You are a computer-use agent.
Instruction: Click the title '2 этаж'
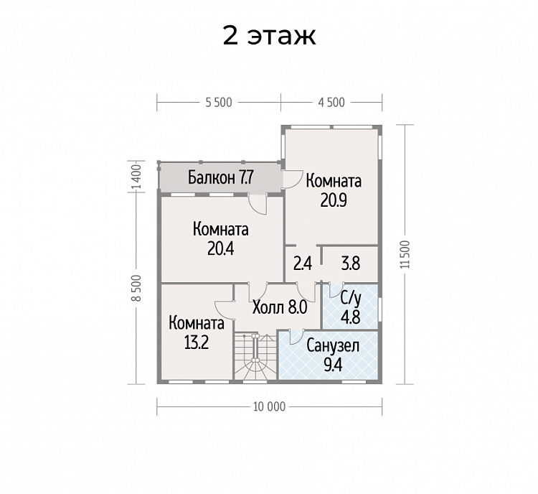269,36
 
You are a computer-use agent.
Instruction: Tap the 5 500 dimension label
219,103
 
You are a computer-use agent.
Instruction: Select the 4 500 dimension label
331,103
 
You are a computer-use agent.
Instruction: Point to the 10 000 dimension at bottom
269,406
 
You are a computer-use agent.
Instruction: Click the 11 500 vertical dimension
405,254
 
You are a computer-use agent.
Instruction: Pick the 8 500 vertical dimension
136,288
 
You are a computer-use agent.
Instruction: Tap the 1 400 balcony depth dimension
136,177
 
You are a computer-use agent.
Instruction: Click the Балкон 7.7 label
221,177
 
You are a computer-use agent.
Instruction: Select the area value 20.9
334,200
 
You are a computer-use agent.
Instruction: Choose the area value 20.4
221,248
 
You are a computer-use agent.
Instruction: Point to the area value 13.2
197,342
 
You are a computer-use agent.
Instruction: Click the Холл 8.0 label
280,307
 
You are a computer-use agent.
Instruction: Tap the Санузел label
333,346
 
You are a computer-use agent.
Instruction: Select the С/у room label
350,300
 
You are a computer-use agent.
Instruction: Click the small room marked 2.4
303,264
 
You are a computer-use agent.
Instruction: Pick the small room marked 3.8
351,264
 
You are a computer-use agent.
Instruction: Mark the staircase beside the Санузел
255,355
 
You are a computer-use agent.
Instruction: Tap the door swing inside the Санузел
296,336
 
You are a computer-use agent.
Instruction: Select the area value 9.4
333,365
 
